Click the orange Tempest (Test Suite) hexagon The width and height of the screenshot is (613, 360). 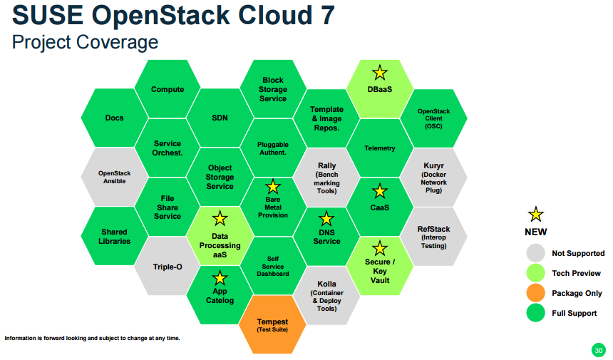(272, 325)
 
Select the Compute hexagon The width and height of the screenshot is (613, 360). (168, 89)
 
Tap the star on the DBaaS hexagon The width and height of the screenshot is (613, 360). (380, 73)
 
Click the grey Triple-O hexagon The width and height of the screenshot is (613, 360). (168, 267)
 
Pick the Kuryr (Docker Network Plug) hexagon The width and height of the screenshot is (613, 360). (433, 178)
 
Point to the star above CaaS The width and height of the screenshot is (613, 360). (380, 191)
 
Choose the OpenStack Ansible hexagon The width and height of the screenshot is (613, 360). (115, 177)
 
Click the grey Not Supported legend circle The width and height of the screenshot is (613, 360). (536, 253)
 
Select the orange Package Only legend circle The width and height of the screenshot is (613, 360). (536, 293)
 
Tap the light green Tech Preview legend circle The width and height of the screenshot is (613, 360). (536, 273)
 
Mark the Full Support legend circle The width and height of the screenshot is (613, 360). (536, 313)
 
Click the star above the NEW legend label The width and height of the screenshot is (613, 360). (536, 215)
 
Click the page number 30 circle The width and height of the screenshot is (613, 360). (598, 350)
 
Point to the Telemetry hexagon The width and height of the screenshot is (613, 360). (380, 148)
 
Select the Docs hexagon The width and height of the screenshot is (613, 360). (115, 118)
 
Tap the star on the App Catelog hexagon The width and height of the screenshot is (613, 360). (220, 278)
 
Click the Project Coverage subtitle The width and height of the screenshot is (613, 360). (85, 42)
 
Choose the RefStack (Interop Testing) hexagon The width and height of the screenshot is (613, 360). (433, 237)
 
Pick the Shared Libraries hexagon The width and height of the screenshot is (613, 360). (115, 237)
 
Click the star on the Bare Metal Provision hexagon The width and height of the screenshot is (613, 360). (272, 187)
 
